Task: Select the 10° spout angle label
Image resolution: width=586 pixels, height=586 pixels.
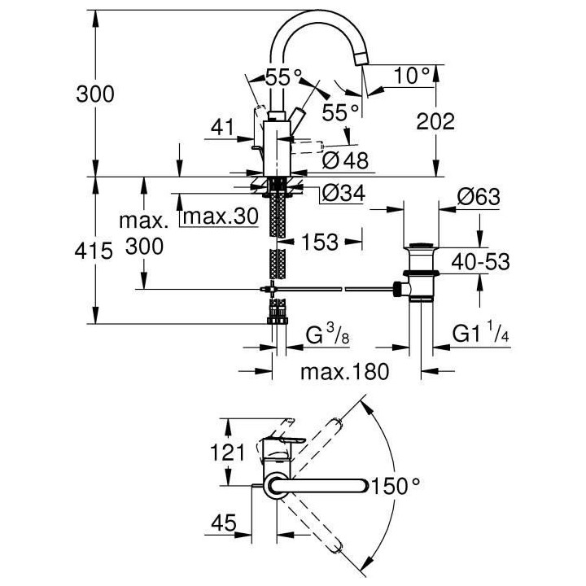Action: pos(412,76)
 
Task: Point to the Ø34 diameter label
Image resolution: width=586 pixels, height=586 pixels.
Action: pos(342,194)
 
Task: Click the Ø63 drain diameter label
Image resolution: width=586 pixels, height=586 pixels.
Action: pos(478,198)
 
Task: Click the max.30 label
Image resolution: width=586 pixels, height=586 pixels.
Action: pos(220,216)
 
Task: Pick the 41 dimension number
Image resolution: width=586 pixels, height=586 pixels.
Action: pos(221,127)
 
